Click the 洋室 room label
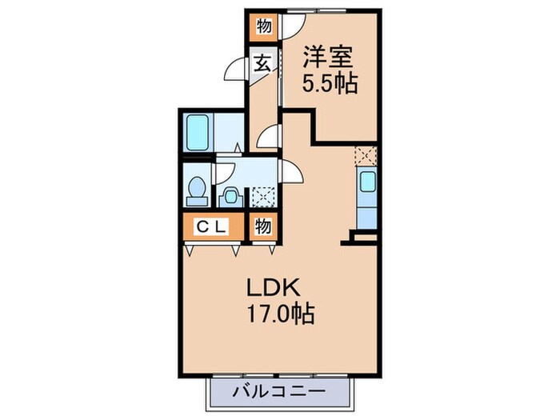pos(329,58)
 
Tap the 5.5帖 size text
pos(329,82)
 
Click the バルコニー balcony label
pos(280,393)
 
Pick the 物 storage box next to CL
pos(262,227)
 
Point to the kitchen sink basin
pos(366,183)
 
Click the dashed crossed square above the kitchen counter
pos(366,154)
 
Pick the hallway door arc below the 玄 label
pos(270,137)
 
